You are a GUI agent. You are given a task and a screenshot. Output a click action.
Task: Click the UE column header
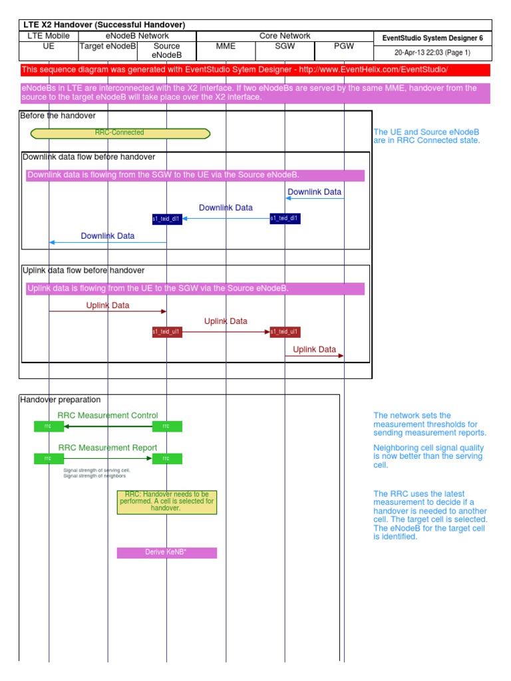49,47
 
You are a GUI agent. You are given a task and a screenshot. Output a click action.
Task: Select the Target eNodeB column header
108,47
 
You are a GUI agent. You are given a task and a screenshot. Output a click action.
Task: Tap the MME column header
226,47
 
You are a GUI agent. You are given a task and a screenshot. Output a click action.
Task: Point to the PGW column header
343,47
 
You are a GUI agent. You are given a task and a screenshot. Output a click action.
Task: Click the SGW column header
285,47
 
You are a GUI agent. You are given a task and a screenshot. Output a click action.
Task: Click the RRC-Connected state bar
120,133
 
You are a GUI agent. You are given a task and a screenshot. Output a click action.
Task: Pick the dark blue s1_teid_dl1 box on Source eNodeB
167,219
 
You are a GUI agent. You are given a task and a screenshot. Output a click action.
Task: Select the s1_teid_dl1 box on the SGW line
285,219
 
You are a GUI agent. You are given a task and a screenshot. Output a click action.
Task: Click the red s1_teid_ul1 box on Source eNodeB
167,332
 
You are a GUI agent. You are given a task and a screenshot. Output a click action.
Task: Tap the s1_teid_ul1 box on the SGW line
285,332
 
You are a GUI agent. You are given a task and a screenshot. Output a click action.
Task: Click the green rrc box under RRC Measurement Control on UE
49,426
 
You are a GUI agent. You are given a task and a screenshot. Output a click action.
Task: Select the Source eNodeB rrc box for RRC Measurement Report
167,459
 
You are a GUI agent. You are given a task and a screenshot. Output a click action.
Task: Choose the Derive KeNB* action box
167,553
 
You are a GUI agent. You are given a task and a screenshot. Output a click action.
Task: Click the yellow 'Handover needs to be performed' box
167,502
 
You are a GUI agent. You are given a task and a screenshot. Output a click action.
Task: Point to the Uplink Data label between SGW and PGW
315,349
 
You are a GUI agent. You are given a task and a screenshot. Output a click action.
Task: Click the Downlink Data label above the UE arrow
108,236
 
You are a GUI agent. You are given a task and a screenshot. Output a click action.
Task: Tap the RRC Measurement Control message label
108,416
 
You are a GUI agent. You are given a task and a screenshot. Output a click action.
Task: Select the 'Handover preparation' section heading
61,400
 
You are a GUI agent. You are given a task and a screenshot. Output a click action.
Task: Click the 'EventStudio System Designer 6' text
432,39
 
